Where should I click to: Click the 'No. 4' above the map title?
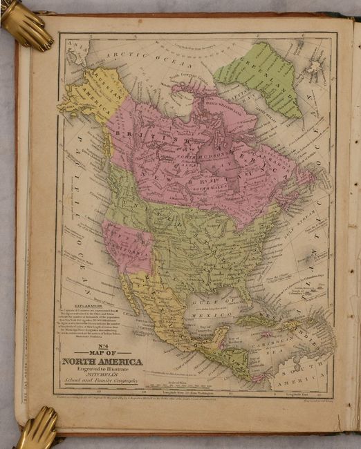[103, 346]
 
